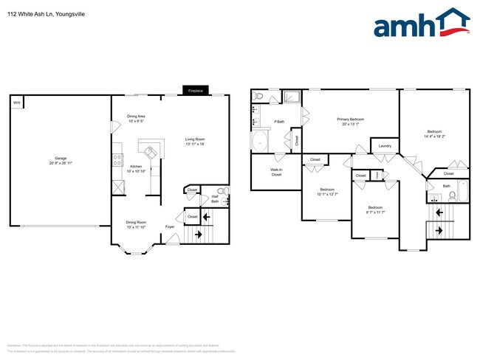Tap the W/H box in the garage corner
(16, 103)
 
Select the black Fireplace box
(196, 91)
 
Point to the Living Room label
(195, 139)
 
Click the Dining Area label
(136, 116)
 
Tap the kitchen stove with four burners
(116, 159)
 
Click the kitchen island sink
(151, 153)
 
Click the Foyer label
(169, 226)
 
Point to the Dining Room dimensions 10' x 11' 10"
(135, 227)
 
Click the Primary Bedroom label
(351, 119)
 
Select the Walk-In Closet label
(276, 173)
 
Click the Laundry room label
(384, 146)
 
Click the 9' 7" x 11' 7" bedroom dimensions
(376, 212)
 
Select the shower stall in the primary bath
(291, 97)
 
